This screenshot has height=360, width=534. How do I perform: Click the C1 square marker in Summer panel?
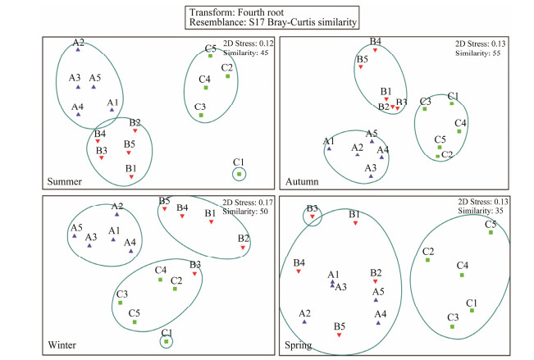click(x=239, y=174)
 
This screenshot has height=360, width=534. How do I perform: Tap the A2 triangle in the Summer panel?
click(x=78, y=50)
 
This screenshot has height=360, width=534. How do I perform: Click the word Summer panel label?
click(x=66, y=180)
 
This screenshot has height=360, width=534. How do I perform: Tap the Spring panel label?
click(x=299, y=344)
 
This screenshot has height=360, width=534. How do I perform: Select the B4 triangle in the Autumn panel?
click(x=375, y=50)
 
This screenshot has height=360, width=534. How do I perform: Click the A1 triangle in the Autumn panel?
click(x=329, y=148)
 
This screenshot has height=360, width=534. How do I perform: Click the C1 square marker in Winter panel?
click(x=167, y=341)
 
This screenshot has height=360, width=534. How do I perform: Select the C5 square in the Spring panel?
click(x=491, y=233)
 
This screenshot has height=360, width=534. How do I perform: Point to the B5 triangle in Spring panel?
click(x=339, y=335)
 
